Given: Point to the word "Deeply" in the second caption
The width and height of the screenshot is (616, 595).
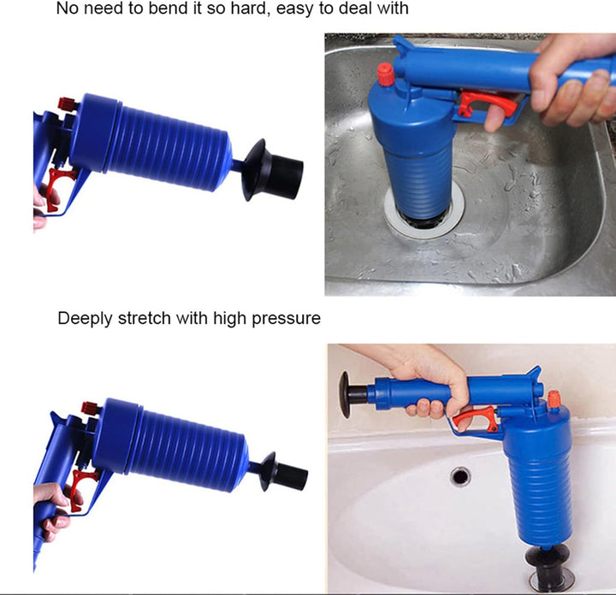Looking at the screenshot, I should click(x=84, y=319).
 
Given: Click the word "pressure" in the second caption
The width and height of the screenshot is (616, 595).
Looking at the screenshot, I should click(x=288, y=320).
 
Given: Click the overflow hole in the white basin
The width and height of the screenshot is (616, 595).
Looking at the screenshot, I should click(x=461, y=475).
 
